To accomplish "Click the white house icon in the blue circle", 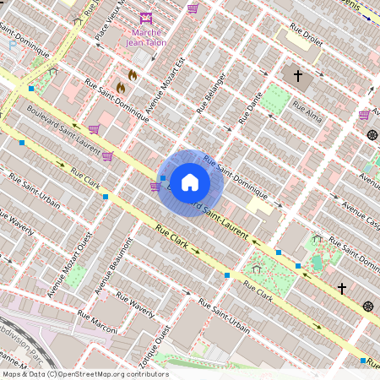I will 190,182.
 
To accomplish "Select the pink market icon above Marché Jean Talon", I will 146,18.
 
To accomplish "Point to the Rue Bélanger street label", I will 213,92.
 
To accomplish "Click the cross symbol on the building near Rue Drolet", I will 297,76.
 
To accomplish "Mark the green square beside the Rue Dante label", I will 274,99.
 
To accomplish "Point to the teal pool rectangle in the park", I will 317,262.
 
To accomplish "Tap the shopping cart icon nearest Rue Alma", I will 364,114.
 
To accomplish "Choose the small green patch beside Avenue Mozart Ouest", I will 76,276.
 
